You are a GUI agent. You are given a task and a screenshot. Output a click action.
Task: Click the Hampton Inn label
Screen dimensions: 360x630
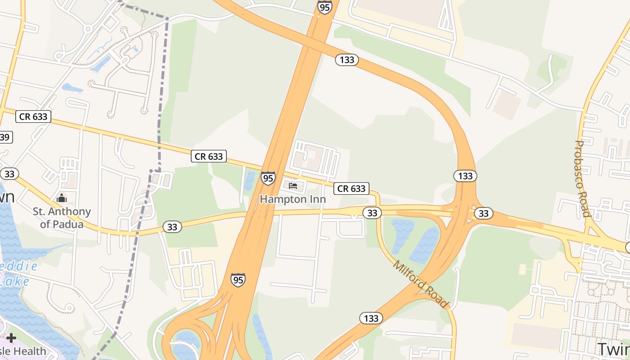[x=292, y=199]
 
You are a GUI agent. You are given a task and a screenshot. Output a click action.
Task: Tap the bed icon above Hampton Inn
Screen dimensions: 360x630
[x=293, y=185]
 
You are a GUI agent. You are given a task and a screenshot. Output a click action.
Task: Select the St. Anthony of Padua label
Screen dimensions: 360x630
[x=62, y=217]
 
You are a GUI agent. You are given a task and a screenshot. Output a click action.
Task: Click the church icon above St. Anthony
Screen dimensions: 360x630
[x=61, y=198]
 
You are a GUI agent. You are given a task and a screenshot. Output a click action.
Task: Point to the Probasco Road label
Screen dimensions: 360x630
[x=582, y=178]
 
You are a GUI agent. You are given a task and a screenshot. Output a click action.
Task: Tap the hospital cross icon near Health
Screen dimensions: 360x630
[x=11, y=338]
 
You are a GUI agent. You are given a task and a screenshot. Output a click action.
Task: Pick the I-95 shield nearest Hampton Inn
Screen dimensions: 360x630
[x=268, y=178]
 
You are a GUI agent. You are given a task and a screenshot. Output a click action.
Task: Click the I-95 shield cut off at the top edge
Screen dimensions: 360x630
[x=324, y=6]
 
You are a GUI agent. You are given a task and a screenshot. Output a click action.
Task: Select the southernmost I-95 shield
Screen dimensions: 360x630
[x=238, y=279]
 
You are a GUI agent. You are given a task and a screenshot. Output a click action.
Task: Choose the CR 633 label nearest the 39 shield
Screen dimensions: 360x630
[x=33, y=117]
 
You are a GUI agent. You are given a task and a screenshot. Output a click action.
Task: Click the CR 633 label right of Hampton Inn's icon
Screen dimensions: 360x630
[x=351, y=189]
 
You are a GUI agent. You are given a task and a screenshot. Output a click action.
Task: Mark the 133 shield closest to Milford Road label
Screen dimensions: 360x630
[x=371, y=319]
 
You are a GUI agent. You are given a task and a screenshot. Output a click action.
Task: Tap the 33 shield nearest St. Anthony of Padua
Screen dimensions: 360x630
[x=9, y=174]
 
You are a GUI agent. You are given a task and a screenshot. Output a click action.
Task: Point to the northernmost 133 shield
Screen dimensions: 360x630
[x=347, y=60]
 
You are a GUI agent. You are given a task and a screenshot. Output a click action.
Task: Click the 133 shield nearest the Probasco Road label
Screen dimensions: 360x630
[x=465, y=176]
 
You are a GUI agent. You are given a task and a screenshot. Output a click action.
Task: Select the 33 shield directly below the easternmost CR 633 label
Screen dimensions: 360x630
[x=372, y=212]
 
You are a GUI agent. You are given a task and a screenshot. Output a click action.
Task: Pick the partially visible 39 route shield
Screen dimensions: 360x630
[x=5, y=137]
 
